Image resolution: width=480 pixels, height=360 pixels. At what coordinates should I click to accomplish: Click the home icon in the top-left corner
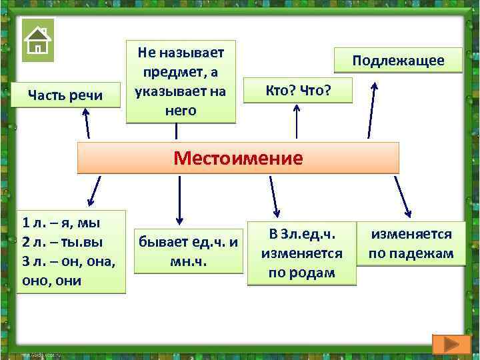click(x=38, y=41)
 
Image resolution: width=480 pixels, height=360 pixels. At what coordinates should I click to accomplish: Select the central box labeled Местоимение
click(x=238, y=158)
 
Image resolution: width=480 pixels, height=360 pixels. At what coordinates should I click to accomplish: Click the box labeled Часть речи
click(x=65, y=95)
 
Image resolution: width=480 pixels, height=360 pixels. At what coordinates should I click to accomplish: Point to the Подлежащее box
click(x=398, y=61)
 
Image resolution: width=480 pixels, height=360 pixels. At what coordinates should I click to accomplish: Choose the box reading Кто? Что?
click(x=297, y=89)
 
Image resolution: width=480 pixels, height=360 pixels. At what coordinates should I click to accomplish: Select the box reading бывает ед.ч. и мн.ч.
click(x=187, y=251)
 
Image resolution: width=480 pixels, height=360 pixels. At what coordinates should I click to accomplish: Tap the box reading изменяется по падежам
click(x=411, y=243)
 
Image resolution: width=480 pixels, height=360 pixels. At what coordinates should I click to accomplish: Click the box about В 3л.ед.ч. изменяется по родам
click(x=301, y=253)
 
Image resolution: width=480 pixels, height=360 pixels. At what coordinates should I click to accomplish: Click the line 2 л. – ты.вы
click(x=63, y=241)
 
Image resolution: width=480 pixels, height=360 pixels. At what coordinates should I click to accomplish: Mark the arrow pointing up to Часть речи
click(x=86, y=123)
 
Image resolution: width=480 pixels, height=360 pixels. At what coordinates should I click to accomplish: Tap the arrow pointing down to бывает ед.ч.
click(x=179, y=200)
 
